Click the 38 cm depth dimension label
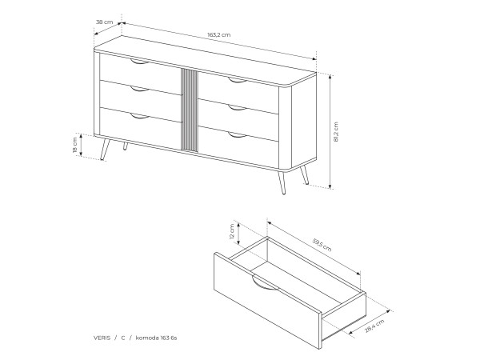point(104,22)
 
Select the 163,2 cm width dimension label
point(219,35)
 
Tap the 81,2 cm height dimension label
point(336,132)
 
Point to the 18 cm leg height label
point(74,145)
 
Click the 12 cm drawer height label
point(232,232)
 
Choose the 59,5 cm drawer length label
point(322,245)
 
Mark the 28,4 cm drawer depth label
point(374,326)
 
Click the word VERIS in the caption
point(102,338)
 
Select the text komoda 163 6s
point(156,338)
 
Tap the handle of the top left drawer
point(139,62)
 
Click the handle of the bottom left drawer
point(139,116)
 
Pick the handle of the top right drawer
point(238,80)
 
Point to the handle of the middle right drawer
point(238,107)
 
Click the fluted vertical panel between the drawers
point(190,110)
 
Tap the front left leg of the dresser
point(105,150)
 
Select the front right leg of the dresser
point(282,182)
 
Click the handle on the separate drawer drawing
point(265,283)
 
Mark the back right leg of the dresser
point(304,175)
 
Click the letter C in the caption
point(123,338)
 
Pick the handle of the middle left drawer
point(139,89)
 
